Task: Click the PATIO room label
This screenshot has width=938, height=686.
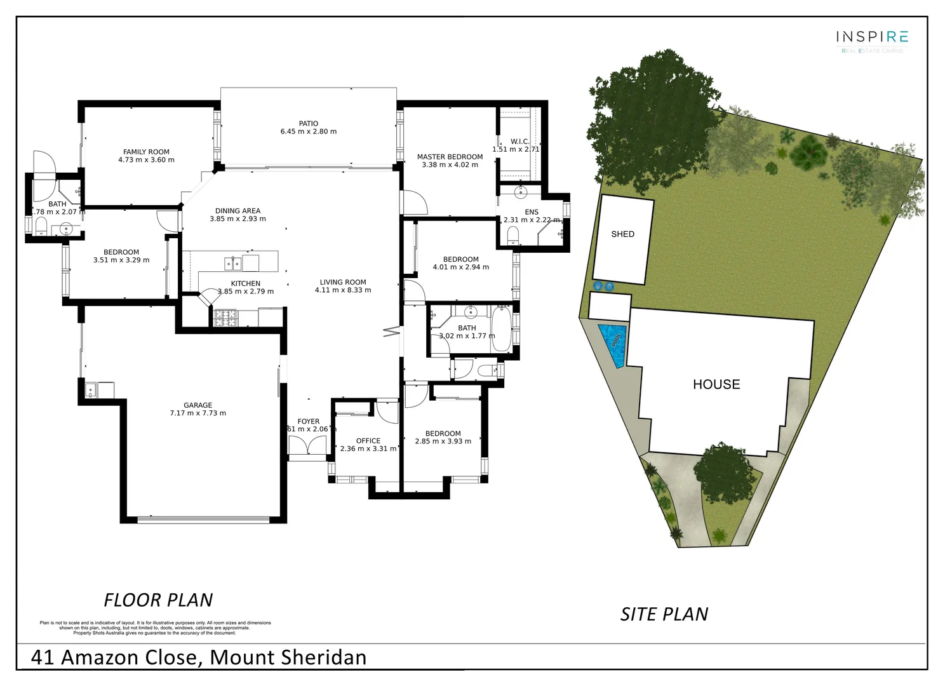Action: coord(309,124)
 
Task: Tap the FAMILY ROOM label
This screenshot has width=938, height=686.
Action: coord(146,152)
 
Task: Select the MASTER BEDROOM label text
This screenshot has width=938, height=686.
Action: coord(450,157)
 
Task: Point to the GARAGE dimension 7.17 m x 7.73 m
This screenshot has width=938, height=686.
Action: coord(198,414)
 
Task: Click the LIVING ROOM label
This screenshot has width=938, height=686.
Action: coord(343,282)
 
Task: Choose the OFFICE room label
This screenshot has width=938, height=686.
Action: coord(368,441)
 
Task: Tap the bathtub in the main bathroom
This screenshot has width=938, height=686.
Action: coord(501,328)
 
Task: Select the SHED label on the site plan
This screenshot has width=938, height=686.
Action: coord(622,234)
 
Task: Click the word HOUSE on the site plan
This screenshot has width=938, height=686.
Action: coord(716,384)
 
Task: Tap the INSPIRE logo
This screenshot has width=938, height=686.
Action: coord(871,37)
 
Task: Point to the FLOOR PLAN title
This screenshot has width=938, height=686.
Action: coord(158,600)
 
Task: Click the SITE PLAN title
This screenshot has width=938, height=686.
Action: coord(664,614)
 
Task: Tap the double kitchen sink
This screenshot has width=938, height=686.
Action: coord(232,263)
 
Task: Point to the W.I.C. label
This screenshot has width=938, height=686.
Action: coord(519,142)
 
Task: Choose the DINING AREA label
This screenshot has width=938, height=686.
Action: coord(238,211)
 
